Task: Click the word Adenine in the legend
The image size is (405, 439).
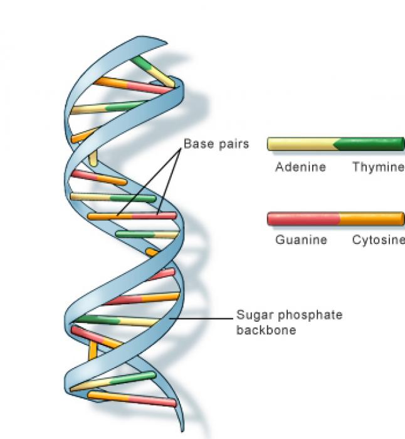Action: pos(300,167)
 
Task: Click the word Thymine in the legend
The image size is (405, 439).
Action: pos(377,167)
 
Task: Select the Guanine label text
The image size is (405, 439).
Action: pos(301,240)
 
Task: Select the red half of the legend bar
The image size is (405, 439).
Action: pos(303,219)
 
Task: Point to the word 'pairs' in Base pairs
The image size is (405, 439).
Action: pos(234,144)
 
